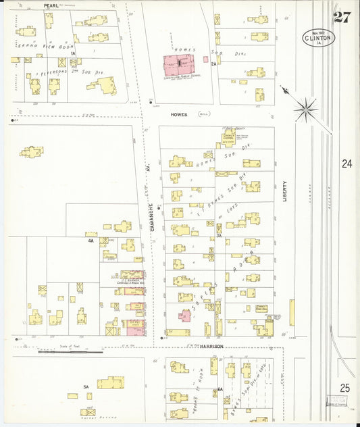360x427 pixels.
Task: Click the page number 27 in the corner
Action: click(x=342, y=17)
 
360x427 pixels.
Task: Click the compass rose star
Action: click(x=306, y=107)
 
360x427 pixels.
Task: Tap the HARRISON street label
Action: click(x=211, y=346)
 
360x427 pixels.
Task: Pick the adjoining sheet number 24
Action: click(x=346, y=164)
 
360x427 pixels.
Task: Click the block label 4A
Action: click(x=90, y=240)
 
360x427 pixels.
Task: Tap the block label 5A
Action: click(x=86, y=386)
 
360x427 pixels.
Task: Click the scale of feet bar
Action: click(x=71, y=351)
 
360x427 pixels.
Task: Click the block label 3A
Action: click(x=219, y=236)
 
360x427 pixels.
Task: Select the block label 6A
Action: click(x=220, y=390)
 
